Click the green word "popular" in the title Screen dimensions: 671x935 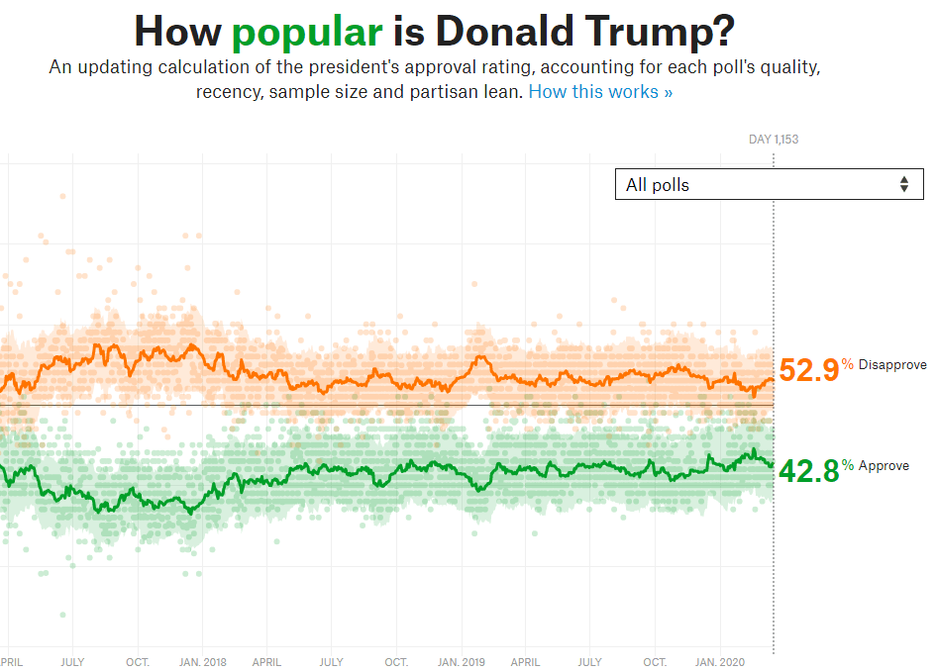pos(306,32)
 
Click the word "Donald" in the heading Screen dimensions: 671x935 pos(501,32)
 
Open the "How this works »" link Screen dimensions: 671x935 pos(600,92)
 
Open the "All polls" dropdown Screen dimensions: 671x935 pos(768,185)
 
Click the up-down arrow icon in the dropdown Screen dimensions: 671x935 pos(903,185)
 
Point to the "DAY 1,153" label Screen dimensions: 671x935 pos(773,140)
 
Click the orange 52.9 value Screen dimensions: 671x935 pos(808,370)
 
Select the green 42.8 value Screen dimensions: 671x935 pos(808,471)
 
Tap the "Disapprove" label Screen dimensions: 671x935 pos(891,365)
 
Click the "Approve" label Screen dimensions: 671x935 pos(883,466)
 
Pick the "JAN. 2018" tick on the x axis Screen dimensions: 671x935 pos(202,662)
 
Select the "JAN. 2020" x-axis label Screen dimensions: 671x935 pos(719,662)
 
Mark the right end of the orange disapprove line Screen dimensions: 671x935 pos(773,380)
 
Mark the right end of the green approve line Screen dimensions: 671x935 pos(773,464)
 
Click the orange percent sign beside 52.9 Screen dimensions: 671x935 pos(847,364)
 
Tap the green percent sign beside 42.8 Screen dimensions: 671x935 pos(847,465)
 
